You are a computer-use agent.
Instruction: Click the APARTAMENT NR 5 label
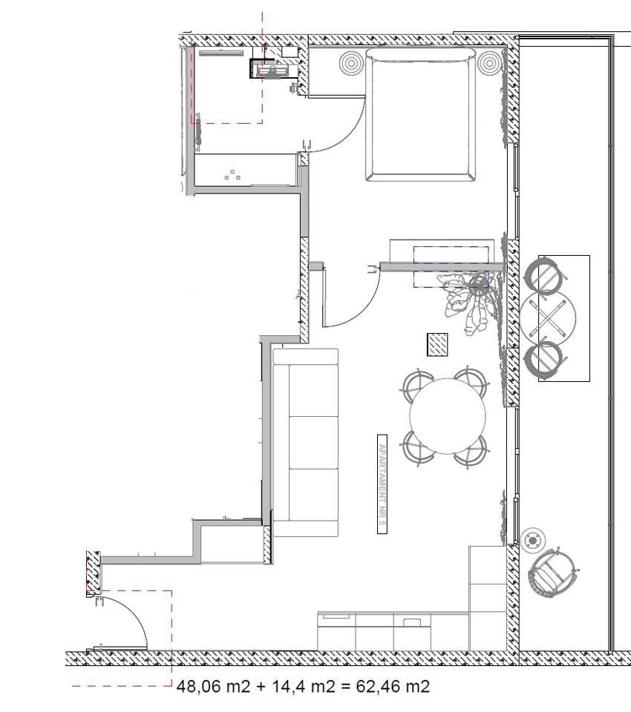[x=382, y=484]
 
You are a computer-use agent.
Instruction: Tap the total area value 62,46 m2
[x=393, y=686]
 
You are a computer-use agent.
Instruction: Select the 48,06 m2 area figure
[x=213, y=686]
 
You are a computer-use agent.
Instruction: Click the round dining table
[x=448, y=416]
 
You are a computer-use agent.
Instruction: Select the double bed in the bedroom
[x=421, y=114]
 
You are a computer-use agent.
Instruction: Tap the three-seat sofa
[x=306, y=443]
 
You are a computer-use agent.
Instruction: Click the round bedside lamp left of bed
[x=351, y=63]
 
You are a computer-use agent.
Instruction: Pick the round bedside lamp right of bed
[x=489, y=63]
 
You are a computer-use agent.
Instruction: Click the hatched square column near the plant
[x=437, y=345]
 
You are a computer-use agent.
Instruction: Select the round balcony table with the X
[x=549, y=317]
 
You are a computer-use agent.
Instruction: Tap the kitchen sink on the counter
[x=412, y=622]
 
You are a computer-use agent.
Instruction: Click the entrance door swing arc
[x=134, y=613]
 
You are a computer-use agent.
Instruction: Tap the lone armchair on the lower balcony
[x=553, y=574]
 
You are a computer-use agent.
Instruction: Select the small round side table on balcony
[x=532, y=541]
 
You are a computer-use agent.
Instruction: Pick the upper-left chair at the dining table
[x=417, y=385]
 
